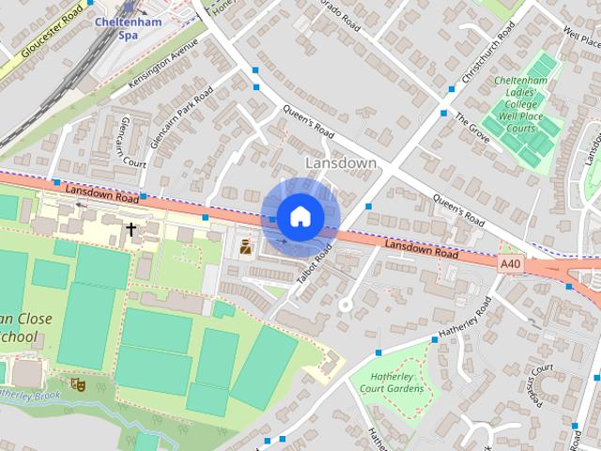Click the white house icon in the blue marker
click(300, 217)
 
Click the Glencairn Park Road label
click(182, 117)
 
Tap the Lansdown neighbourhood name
click(341, 163)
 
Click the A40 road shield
click(511, 265)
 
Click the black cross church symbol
click(131, 227)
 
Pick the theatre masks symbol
click(78, 383)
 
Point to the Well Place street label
click(582, 41)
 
